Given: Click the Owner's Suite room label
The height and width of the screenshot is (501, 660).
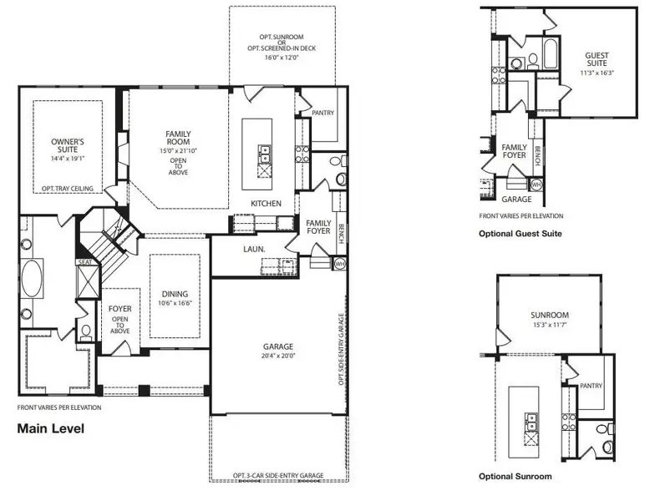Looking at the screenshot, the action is (68, 145).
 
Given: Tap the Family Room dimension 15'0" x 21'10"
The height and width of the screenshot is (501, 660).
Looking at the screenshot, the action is (178, 150).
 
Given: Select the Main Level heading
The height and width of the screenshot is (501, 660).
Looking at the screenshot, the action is (50, 428).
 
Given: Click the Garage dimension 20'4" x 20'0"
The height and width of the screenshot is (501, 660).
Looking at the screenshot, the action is (278, 356).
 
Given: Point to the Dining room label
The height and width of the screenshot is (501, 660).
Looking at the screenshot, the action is (175, 294).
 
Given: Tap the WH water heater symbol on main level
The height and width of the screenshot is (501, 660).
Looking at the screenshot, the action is (340, 264).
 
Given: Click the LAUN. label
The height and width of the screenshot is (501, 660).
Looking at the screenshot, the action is (254, 249).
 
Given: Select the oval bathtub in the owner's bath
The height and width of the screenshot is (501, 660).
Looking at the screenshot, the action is (32, 278).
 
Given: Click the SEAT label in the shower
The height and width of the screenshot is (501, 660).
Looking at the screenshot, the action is (85, 262).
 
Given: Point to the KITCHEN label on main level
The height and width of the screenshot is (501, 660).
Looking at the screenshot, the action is (266, 204).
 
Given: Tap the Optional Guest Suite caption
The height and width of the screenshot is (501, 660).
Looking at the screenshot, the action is (520, 234).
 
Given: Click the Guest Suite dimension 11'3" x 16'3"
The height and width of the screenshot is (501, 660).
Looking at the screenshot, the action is (597, 73).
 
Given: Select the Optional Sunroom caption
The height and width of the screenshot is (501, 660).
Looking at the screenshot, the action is (515, 476).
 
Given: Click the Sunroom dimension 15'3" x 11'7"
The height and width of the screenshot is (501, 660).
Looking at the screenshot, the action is (550, 325).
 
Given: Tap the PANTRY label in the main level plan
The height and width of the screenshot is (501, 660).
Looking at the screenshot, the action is (322, 113).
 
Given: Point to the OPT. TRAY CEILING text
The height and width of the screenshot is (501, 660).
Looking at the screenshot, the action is (68, 189).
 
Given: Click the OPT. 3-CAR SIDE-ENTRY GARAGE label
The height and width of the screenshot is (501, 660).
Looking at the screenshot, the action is (278, 476).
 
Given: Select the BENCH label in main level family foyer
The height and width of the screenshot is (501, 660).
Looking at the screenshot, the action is (342, 233).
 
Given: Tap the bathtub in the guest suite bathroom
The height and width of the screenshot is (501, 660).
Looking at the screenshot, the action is (551, 53).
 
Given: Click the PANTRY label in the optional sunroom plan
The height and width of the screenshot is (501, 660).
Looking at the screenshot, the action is (591, 386).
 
